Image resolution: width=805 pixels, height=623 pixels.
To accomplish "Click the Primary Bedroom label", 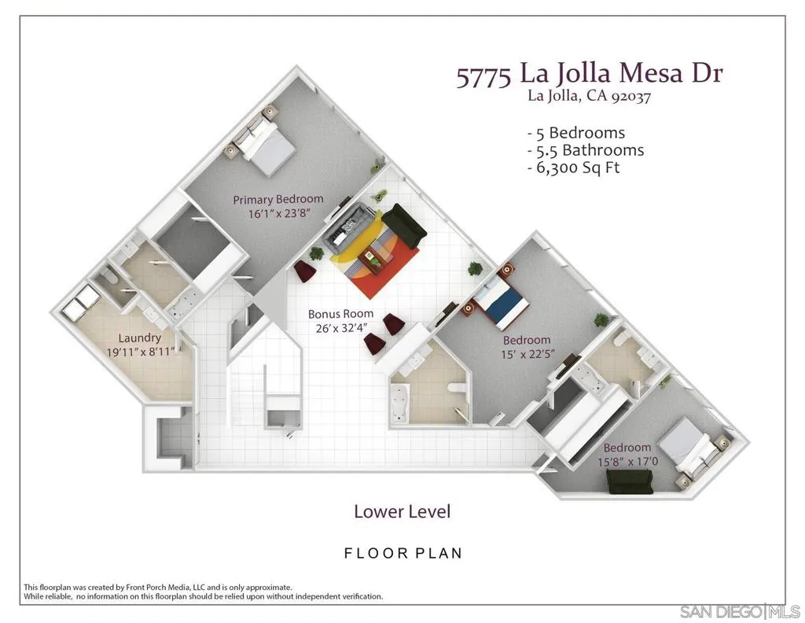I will [278, 199].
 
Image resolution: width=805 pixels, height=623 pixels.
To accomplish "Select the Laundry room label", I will [141, 338].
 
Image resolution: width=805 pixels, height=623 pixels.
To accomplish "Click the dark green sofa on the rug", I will [406, 226].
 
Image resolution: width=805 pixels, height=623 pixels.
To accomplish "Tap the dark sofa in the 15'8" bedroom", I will [630, 481].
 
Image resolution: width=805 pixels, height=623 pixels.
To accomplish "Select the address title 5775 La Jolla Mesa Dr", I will [589, 75].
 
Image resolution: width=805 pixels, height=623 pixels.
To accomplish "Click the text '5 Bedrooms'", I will [575, 132].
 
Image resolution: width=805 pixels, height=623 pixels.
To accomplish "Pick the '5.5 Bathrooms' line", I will [585, 150].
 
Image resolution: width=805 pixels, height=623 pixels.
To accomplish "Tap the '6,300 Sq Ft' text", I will [573, 168].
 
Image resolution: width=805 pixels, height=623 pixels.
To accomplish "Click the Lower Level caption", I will [402, 511].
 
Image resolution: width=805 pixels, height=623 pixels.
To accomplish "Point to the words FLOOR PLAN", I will [403, 553].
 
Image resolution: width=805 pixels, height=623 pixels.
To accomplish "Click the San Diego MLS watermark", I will [739, 611].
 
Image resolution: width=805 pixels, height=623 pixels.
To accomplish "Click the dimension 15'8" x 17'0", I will [627, 462].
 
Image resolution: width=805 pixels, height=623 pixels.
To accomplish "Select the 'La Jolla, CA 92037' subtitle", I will [589, 97].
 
